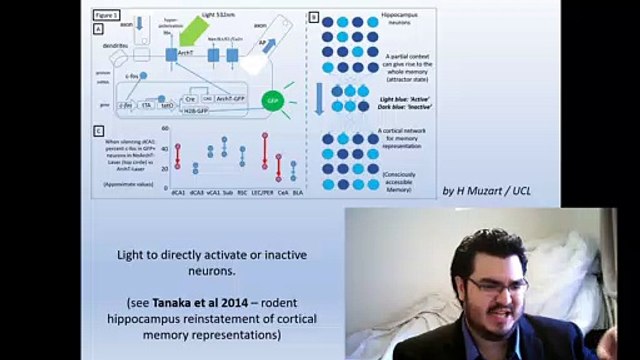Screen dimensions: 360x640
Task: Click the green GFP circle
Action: (x=271, y=101)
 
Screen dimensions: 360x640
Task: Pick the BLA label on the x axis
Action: (x=299, y=190)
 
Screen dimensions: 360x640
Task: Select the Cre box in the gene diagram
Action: (x=188, y=100)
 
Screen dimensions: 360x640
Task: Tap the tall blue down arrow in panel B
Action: (x=319, y=100)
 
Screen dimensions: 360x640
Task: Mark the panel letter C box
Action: (x=97, y=131)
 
